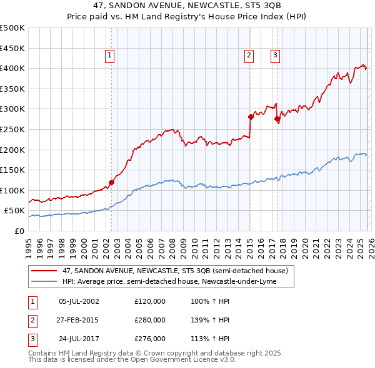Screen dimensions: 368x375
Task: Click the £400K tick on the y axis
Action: (x=12, y=68)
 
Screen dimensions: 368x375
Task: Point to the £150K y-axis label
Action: (x=12, y=170)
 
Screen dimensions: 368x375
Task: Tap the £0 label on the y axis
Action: (x=19, y=231)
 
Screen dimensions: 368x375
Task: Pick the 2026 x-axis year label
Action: (x=371, y=245)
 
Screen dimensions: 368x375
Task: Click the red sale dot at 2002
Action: (x=111, y=183)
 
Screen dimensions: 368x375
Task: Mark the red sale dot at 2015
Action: (x=251, y=117)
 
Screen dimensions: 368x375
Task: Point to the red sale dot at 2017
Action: (x=277, y=119)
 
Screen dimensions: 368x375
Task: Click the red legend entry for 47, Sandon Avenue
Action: (x=175, y=271)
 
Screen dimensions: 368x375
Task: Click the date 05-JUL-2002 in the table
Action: (x=79, y=302)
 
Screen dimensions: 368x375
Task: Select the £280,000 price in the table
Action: (x=150, y=320)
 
